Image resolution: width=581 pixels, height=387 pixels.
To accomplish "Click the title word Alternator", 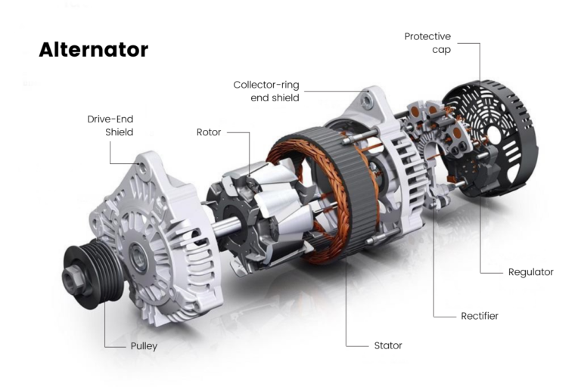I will tap(93, 50).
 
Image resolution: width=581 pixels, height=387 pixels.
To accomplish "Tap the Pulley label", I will tap(143, 346).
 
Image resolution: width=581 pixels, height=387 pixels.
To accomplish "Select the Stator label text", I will tap(387, 345).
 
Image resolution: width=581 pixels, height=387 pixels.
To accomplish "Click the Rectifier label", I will tap(480, 315).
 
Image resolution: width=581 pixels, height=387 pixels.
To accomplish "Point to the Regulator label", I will tap(530, 271).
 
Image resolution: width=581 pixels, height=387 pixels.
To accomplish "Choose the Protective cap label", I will tap(427, 43).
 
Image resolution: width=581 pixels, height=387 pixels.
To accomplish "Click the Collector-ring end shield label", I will tap(266, 91).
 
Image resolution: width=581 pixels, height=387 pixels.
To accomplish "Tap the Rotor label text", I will tap(209, 132).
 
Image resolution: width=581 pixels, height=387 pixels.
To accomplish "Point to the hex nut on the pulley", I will tap(76, 281).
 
